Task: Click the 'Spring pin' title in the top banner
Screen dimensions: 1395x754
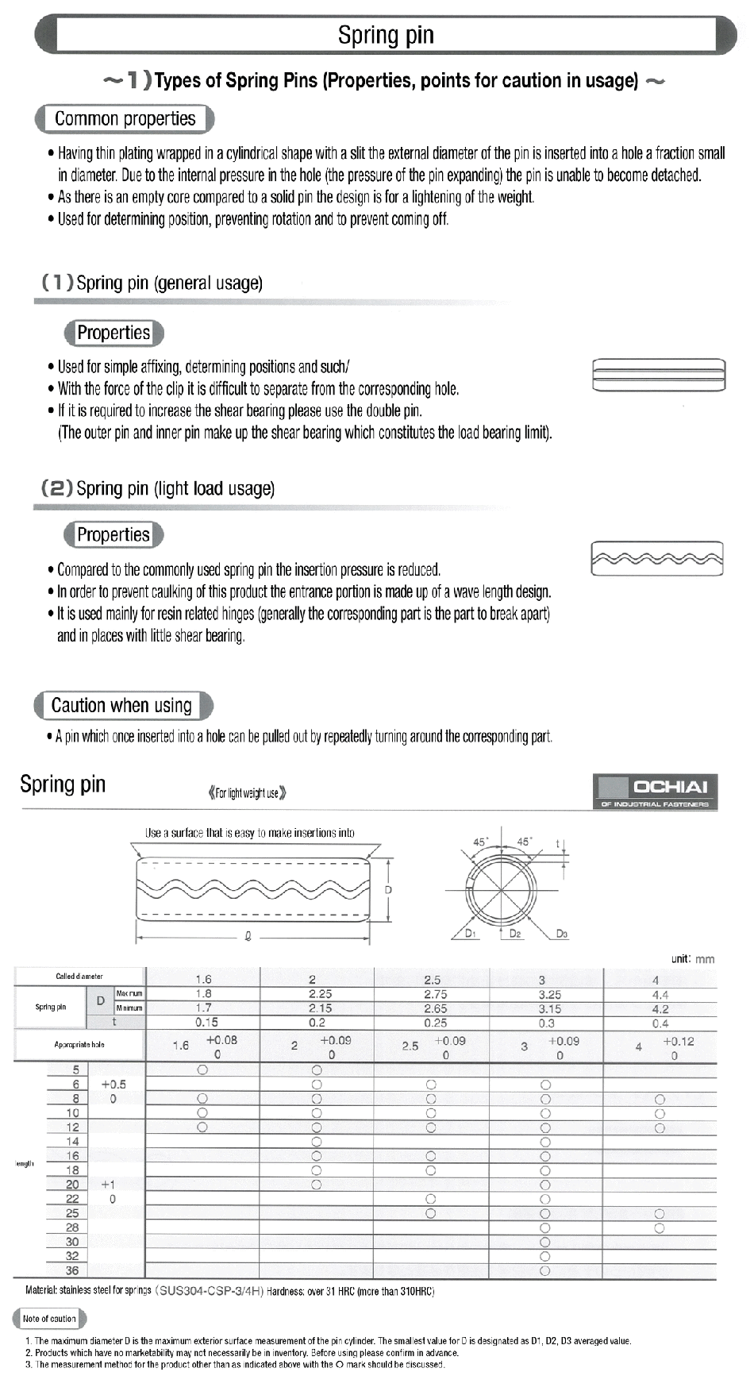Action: (386, 35)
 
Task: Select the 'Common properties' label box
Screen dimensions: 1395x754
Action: (125, 119)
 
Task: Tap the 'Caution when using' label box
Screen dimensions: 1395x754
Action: (122, 705)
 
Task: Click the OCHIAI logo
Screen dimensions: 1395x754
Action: (656, 791)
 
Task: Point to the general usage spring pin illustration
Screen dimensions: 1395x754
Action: (658, 375)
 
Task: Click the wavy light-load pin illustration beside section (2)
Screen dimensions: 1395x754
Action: (657, 559)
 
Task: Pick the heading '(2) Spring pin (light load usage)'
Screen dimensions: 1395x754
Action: (159, 488)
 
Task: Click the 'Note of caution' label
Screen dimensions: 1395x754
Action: (49, 1319)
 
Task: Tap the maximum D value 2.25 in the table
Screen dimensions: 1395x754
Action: (320, 994)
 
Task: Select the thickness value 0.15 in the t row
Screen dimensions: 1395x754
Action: (206, 1023)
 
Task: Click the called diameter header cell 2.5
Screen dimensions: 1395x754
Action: (433, 980)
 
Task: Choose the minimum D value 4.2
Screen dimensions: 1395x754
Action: (660, 1009)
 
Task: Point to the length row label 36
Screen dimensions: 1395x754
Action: (72, 1270)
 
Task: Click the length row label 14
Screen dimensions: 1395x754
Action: (72, 1142)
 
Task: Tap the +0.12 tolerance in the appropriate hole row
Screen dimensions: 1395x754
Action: (678, 1041)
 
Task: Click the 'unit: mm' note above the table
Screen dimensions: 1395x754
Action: (692, 958)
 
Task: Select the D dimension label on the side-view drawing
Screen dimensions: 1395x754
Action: (388, 890)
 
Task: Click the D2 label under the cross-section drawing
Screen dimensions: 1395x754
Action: (515, 934)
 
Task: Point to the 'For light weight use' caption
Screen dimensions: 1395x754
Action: (247, 792)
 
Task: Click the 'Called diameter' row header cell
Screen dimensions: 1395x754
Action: (79, 977)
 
